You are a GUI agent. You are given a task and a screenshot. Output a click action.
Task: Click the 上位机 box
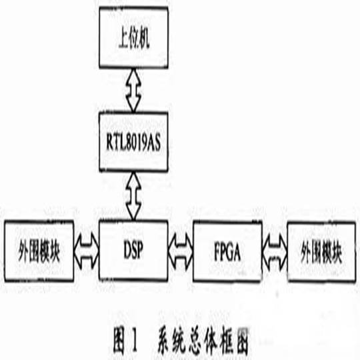coord(133,37)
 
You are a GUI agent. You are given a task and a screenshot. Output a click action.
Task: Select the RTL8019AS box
coord(133,142)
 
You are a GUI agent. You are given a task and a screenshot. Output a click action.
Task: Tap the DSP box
coord(133,251)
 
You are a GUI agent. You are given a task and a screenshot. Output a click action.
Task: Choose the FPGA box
coord(227,251)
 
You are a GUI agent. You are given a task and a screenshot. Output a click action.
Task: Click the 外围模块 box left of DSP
coord(39,251)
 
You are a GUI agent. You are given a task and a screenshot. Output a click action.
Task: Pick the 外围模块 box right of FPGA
coord(322,251)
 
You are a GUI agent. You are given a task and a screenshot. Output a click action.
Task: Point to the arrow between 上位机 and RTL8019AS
coord(133,90)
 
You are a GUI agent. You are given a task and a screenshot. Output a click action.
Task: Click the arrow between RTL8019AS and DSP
coord(133,196)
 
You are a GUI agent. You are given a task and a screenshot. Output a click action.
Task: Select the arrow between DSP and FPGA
coord(181,252)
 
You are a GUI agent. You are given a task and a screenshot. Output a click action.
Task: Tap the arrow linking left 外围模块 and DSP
coord(87,251)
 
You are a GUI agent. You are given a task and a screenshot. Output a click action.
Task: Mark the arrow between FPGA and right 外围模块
coord(275,252)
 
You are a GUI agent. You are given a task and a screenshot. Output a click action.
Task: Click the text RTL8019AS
coord(133,143)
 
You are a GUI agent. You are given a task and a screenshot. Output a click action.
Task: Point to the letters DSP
coord(133,250)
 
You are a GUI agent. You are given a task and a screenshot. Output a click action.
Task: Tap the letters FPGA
coord(227,252)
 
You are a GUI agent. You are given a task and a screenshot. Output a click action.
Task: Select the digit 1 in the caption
coord(133,343)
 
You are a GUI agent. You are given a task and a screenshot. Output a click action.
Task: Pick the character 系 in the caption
coord(165,343)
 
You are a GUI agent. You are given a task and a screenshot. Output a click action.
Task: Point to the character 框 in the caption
coord(225,343)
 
